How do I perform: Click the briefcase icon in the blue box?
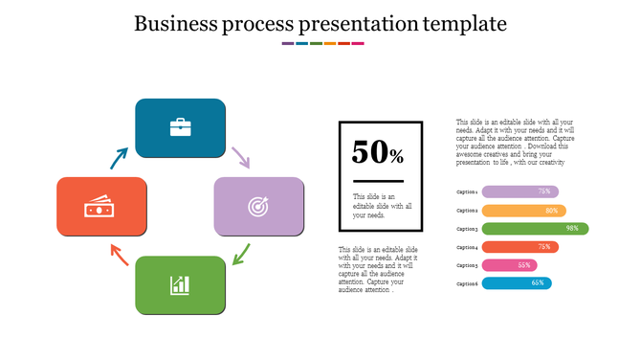point(180,127)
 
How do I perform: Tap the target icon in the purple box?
point(258,206)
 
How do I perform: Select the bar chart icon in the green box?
point(180,284)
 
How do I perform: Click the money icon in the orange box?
point(101,206)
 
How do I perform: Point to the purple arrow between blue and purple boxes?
point(240,157)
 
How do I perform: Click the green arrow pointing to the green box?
point(241,255)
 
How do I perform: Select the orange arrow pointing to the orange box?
point(119,254)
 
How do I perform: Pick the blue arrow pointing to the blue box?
point(119,158)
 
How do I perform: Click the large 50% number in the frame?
point(378,153)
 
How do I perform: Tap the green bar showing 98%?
point(534,229)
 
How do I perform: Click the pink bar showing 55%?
point(509,265)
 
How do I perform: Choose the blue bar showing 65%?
point(517,283)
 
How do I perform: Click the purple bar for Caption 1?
point(519,191)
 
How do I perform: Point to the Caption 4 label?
point(467,247)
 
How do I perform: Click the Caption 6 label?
point(467,283)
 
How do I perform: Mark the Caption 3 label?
point(467,229)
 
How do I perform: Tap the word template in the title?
point(462,23)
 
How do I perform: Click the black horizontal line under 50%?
point(379,181)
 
